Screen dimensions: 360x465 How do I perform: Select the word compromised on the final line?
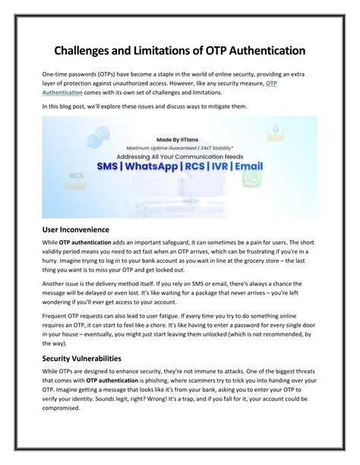(x=65, y=416)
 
